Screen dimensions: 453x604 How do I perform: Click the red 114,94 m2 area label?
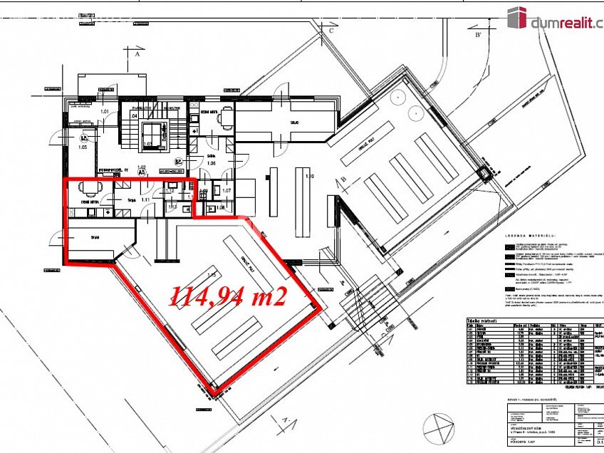[227, 295]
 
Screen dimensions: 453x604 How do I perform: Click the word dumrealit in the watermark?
[563, 24]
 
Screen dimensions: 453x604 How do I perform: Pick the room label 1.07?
[227, 191]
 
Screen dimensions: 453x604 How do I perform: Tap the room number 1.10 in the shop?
[309, 175]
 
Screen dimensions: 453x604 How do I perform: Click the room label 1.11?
[145, 202]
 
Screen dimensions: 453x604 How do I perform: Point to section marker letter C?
[331, 32]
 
